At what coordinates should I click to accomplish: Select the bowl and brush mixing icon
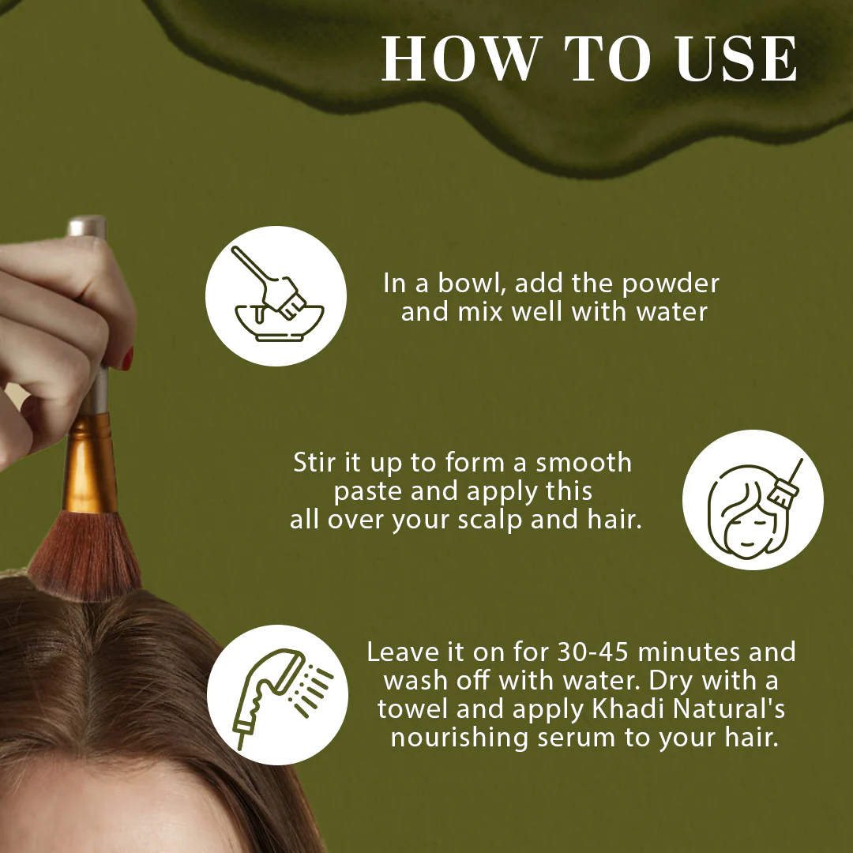276,295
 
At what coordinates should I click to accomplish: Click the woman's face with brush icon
753,500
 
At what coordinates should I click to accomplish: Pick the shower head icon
277,695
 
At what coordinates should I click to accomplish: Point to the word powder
671,284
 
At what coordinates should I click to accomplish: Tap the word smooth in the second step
584,462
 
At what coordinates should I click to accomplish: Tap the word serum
577,738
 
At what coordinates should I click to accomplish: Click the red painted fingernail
128,359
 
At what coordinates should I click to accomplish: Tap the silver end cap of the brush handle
87,227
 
